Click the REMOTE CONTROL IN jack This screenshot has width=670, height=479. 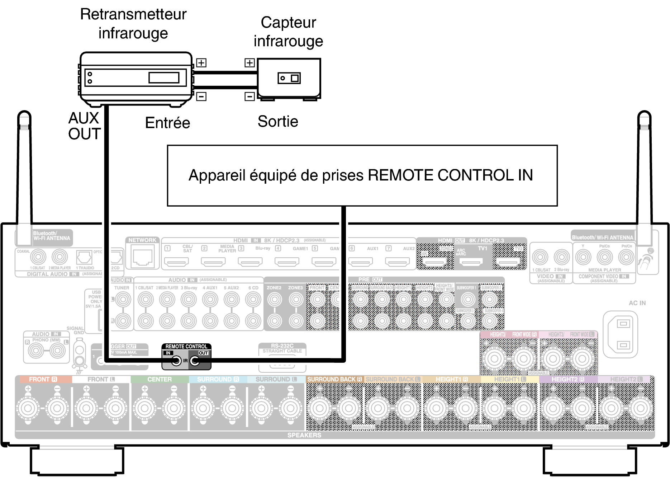176,361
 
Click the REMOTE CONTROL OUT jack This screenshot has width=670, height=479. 195,361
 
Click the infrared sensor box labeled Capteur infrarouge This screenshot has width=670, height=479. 289,78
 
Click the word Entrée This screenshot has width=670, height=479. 167,123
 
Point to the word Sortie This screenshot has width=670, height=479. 278,122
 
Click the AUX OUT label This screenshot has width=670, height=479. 85,126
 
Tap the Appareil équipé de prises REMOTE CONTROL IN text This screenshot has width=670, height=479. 361,175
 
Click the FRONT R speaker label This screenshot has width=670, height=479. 43,379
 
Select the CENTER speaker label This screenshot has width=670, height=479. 160,379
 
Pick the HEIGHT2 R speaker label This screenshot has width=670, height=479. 568,379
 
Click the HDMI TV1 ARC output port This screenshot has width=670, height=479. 471,262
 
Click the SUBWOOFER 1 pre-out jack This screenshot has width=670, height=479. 467,299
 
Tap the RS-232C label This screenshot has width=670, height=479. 282,346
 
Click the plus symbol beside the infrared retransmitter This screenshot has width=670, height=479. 201,63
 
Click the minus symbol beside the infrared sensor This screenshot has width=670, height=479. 250,96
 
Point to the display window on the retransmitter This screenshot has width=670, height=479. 164,78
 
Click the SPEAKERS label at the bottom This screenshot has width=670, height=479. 304,435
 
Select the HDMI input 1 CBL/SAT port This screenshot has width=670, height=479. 176,262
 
